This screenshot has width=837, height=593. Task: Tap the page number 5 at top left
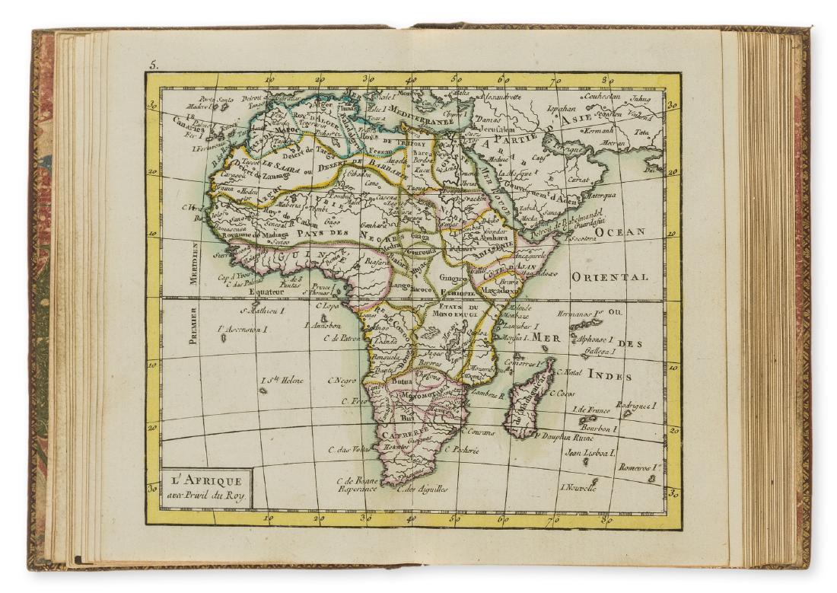[x=153, y=66]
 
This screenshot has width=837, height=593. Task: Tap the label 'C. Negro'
[x=342, y=381]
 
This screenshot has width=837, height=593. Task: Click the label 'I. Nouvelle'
[x=578, y=487]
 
